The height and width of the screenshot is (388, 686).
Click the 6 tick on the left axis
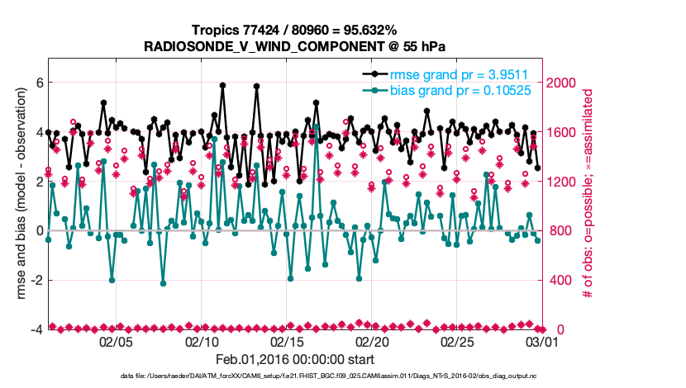[38, 83]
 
